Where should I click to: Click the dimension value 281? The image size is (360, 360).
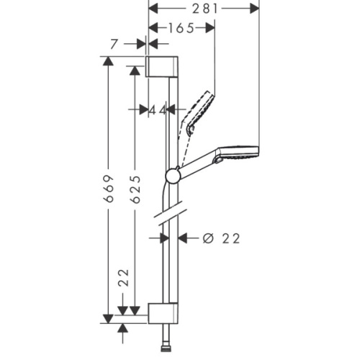pos(205,9)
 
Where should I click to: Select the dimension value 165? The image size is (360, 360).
pos(181,28)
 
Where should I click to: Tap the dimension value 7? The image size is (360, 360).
pos(114,44)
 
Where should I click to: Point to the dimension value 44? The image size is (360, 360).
pos(158,110)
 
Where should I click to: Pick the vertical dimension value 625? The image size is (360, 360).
pos(136,189)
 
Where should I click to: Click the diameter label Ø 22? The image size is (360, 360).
pos(221,238)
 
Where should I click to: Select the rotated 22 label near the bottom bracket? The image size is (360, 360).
pos(124,278)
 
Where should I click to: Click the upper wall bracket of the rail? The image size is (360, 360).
pos(162,67)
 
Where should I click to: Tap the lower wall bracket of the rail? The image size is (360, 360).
pos(163,313)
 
